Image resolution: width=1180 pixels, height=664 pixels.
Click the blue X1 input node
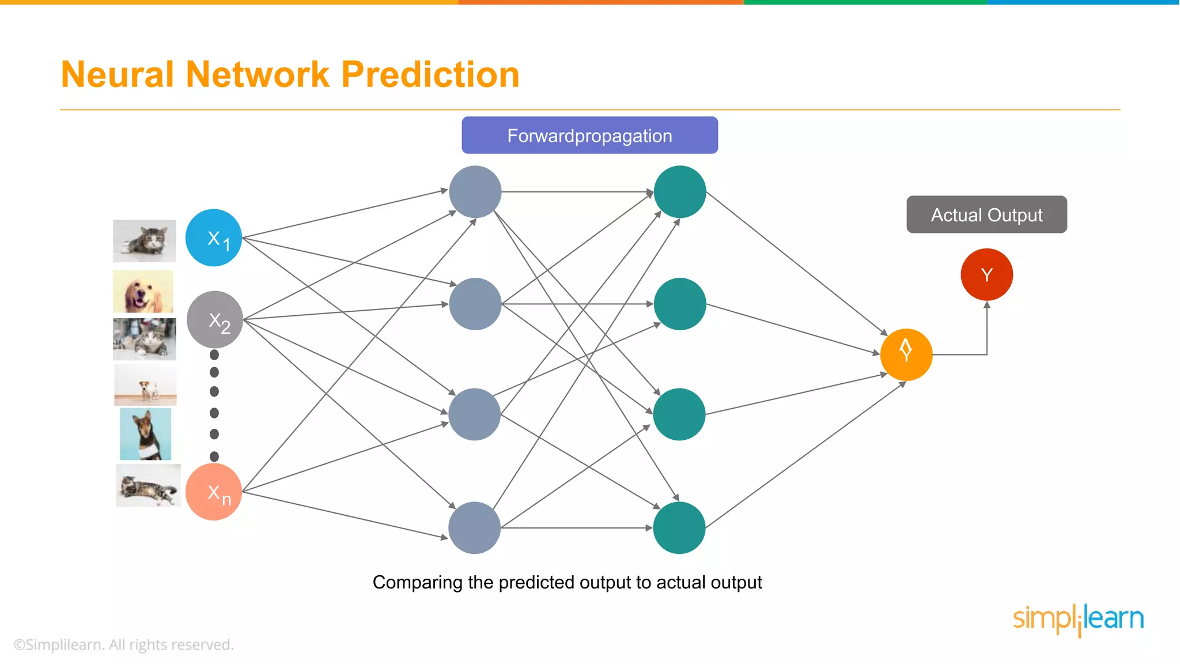tap(214, 237)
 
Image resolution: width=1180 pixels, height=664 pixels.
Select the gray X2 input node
tap(215, 319)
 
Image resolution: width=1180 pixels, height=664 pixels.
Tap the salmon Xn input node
tap(214, 492)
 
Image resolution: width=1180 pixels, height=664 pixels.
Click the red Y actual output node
tap(986, 274)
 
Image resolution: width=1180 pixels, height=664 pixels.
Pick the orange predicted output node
tap(906, 354)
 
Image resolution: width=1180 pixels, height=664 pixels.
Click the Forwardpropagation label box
tap(589, 135)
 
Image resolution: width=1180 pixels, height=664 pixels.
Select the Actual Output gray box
tap(986, 214)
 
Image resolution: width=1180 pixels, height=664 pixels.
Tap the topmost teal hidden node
tap(680, 192)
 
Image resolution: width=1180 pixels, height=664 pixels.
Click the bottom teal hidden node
tap(679, 527)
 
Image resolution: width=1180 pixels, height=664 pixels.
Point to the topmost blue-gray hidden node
tap(475, 192)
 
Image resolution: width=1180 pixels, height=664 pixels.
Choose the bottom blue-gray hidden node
tap(474, 527)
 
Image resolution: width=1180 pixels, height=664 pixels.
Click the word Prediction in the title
tap(430, 75)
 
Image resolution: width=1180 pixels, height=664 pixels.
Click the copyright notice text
tap(124, 644)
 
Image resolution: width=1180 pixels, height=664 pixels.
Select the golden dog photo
tap(143, 292)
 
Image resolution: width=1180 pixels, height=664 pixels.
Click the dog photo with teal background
tap(145, 433)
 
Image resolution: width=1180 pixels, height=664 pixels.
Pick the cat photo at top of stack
tap(144, 240)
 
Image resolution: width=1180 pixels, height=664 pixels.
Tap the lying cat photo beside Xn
tap(148, 486)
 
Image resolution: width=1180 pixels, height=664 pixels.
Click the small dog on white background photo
tap(145, 384)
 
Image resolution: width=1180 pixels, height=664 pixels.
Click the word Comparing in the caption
tap(417, 582)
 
